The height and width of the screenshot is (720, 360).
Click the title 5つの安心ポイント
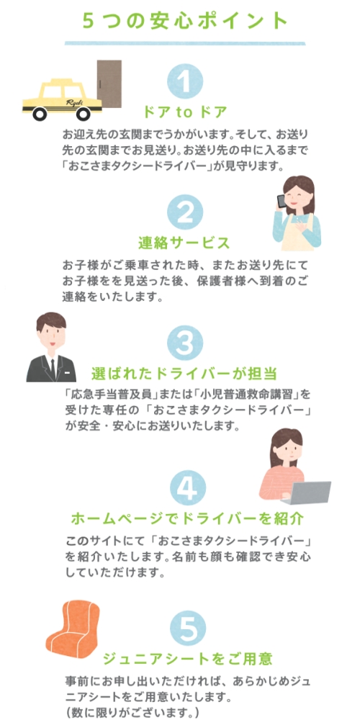(x=185, y=21)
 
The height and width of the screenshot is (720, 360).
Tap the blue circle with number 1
(x=184, y=81)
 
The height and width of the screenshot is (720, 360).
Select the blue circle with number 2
(x=184, y=212)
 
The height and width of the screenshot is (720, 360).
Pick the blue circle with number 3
(x=184, y=343)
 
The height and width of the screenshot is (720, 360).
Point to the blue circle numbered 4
(x=187, y=488)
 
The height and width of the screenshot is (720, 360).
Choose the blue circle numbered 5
(x=187, y=628)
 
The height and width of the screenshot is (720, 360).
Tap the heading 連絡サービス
(x=184, y=243)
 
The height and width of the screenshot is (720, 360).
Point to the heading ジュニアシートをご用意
(x=187, y=660)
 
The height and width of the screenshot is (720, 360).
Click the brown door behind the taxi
(x=109, y=84)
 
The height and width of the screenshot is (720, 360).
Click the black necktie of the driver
(x=53, y=369)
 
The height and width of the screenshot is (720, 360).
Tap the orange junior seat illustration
(x=73, y=627)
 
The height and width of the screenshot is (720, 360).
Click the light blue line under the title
(x=184, y=43)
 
